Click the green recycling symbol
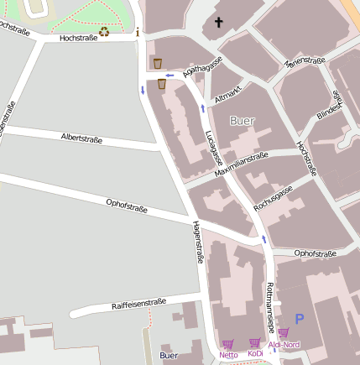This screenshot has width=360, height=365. (103, 32)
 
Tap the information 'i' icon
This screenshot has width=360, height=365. (138, 33)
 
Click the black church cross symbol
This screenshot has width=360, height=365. (219, 22)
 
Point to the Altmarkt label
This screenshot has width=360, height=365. (228, 92)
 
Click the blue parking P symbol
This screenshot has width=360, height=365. (298, 319)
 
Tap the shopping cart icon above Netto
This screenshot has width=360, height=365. (227, 343)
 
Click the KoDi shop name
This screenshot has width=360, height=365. (255, 354)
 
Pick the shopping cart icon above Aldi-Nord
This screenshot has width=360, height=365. (283, 332)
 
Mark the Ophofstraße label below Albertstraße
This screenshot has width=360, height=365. (127, 206)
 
